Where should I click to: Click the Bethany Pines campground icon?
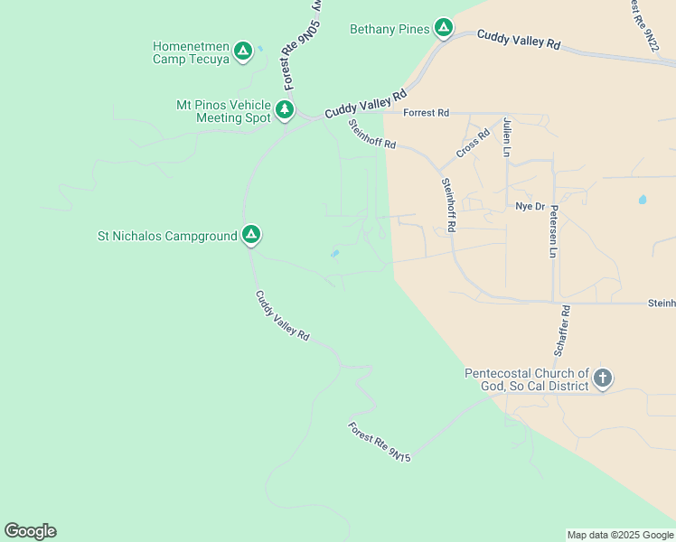point(443,28)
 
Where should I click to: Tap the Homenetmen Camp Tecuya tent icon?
point(242,51)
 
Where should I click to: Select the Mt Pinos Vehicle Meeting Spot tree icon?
point(285,110)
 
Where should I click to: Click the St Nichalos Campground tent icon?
point(251,236)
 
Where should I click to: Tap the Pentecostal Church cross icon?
point(603,378)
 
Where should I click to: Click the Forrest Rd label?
point(426,113)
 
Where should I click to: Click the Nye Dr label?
point(530,206)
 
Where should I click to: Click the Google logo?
point(30,531)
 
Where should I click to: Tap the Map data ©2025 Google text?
point(620,535)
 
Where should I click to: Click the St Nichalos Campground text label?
point(167,237)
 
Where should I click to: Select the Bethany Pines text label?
point(390,29)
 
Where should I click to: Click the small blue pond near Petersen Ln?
point(643,199)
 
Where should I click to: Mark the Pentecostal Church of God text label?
point(527,379)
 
